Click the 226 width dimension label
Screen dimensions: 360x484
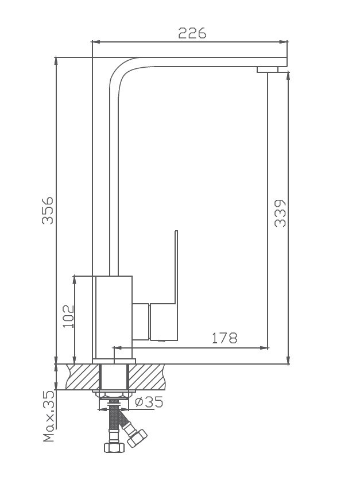[x=192, y=33]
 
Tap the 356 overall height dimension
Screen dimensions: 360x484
[x=48, y=210]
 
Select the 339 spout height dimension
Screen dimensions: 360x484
[x=280, y=214]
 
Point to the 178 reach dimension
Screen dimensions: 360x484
[x=224, y=338]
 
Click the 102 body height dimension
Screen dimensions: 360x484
[x=68, y=316]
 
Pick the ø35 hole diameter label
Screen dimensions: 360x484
[x=149, y=402]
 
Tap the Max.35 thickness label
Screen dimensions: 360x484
[x=49, y=416]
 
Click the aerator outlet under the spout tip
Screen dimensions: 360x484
[x=268, y=70]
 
